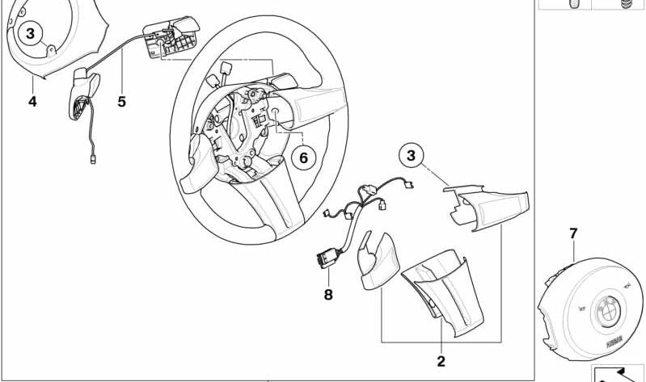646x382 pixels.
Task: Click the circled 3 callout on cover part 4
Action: pos(31,34)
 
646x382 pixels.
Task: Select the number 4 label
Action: pos(32,102)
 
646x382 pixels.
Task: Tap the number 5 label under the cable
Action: pos(121,102)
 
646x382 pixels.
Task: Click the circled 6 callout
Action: pos(303,157)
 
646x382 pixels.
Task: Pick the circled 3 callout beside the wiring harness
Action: pos(411,155)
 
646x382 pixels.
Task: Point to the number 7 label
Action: pos(573,234)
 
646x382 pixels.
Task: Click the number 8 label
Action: pos(328,295)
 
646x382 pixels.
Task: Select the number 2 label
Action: pos(441,361)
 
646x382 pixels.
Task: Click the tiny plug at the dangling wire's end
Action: pos(95,159)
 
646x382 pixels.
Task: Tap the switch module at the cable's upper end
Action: pos(170,36)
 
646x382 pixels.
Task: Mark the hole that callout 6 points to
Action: pos(276,112)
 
